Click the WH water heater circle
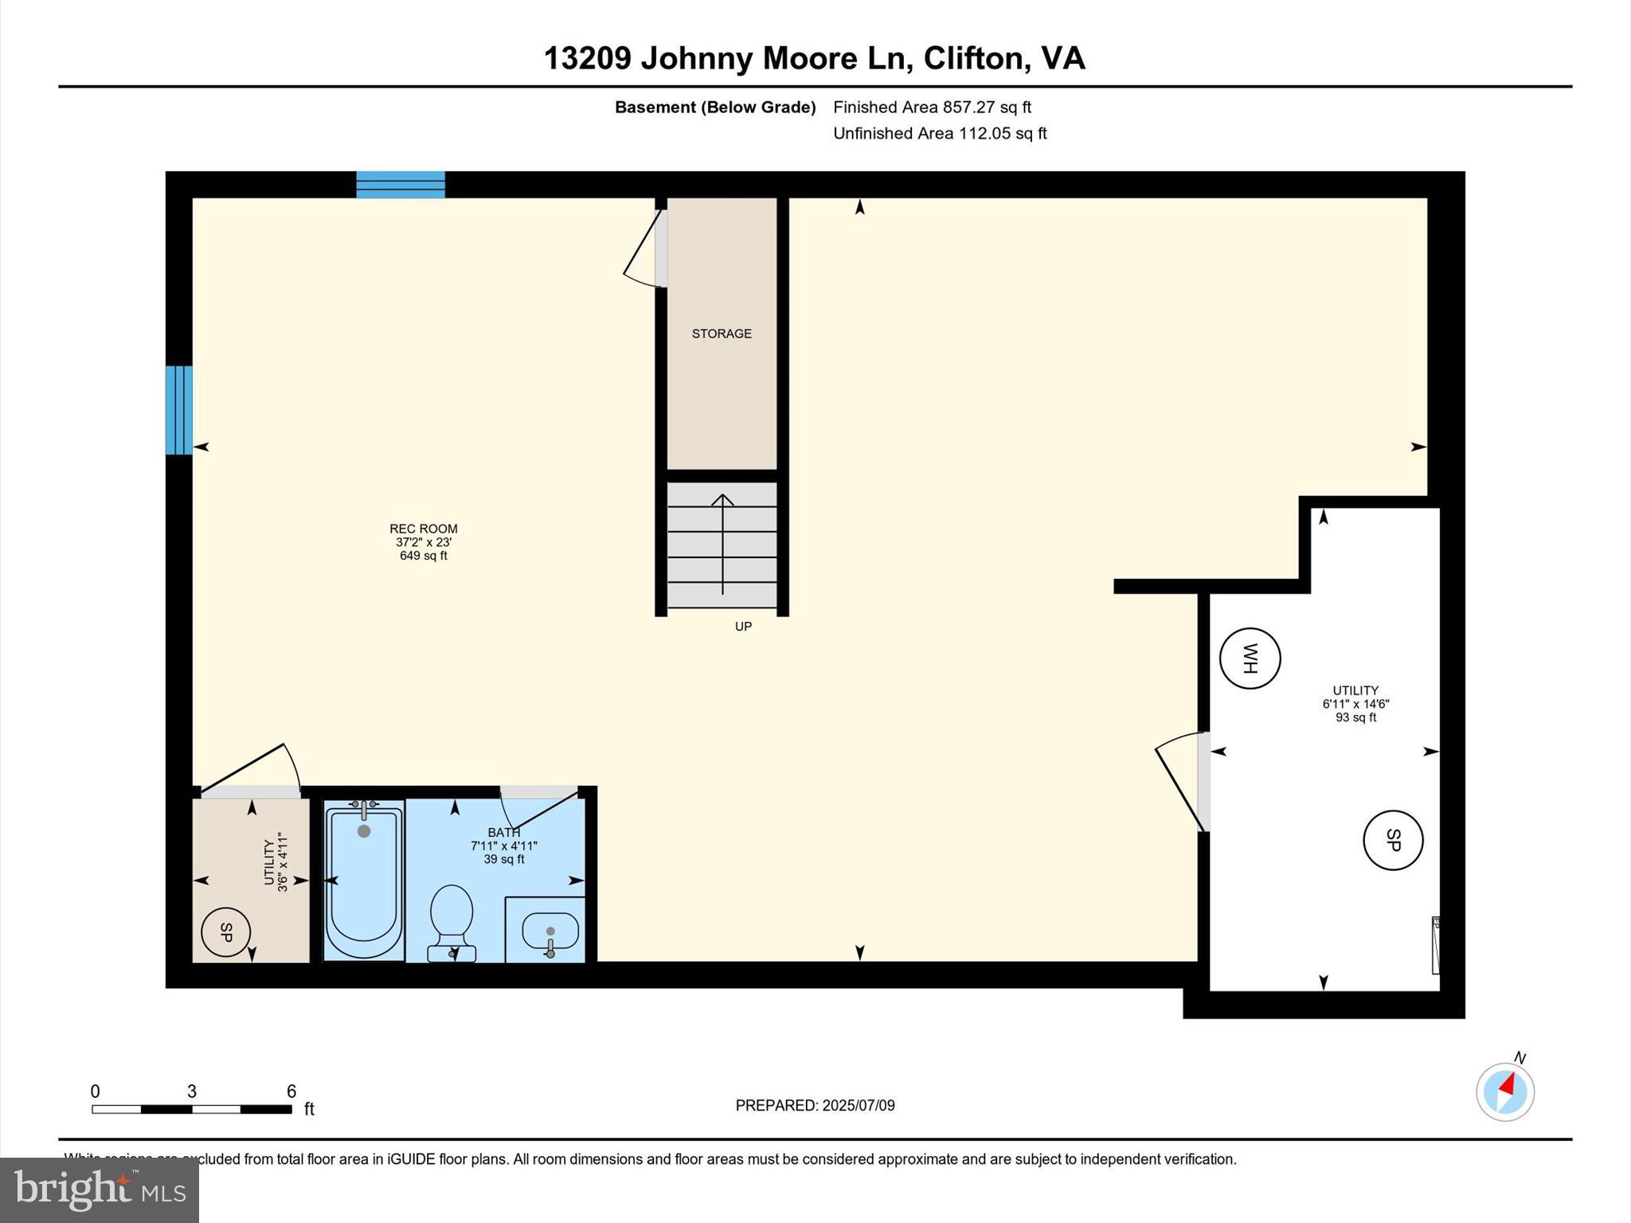click(1250, 658)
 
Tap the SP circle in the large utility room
click(1393, 840)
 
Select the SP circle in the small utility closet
click(226, 932)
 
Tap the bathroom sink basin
click(550, 931)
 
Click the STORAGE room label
click(722, 334)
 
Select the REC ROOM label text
click(423, 529)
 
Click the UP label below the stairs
click(743, 627)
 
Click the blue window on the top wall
click(400, 185)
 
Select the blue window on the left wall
click(179, 410)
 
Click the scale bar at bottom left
click(192, 1109)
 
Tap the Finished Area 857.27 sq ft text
click(932, 107)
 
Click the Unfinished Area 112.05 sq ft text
click(940, 133)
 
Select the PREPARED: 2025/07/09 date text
click(815, 1105)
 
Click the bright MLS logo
click(100, 1190)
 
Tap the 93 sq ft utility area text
click(1355, 717)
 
